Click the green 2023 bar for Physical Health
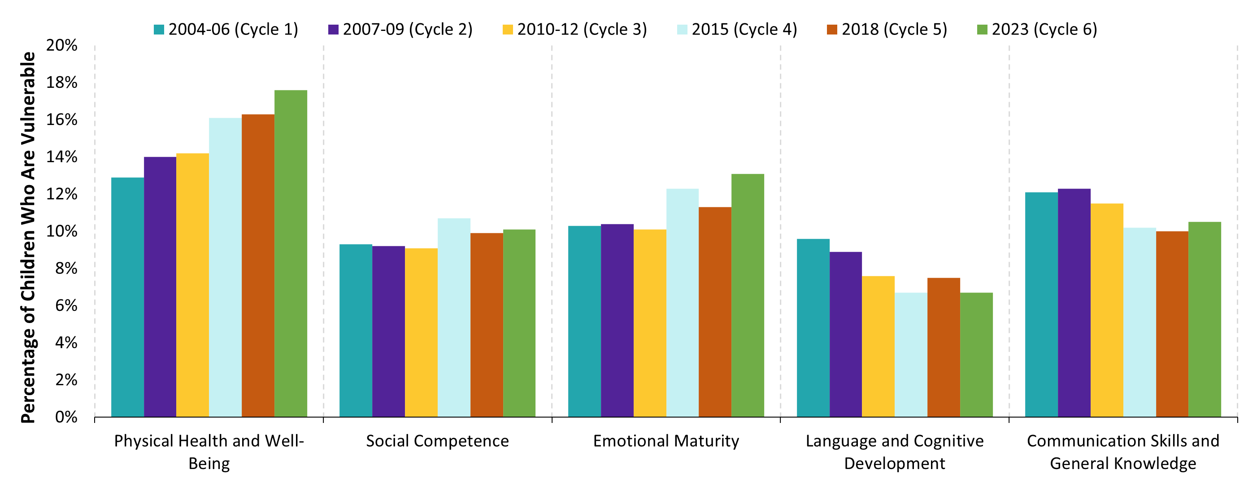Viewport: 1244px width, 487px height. [x=290, y=254]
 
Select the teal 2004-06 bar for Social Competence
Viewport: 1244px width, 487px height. [x=356, y=331]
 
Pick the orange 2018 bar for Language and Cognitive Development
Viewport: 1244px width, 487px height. [x=943, y=347]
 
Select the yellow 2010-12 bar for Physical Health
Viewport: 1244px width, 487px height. [x=192, y=285]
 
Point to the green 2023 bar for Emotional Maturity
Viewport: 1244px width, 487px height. [x=747, y=295]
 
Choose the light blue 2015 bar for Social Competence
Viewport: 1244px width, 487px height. [x=453, y=318]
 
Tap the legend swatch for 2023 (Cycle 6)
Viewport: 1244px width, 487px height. [x=982, y=30]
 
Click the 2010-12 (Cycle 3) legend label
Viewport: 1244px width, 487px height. [x=582, y=30]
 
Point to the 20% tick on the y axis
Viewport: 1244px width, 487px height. [x=61, y=45]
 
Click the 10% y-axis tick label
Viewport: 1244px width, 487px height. [x=61, y=231]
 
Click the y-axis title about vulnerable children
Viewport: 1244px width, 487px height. [x=28, y=237]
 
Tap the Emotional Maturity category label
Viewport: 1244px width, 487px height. [x=665, y=441]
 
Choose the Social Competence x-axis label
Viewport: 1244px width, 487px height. [x=437, y=441]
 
